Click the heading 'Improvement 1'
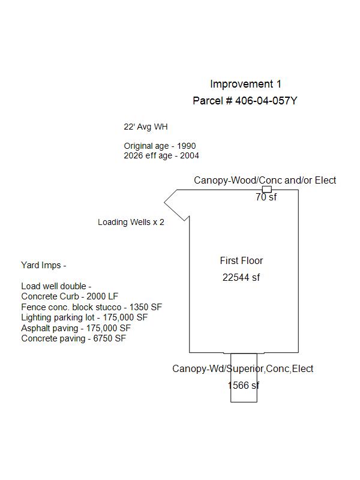click(x=245, y=84)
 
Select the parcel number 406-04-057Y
click(x=266, y=101)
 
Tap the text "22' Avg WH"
click(x=146, y=127)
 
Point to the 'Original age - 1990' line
click(x=160, y=146)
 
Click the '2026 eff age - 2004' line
click(x=161, y=155)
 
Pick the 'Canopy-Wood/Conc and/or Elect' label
click(x=265, y=180)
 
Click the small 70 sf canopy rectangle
click(x=267, y=190)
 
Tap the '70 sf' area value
click(x=266, y=197)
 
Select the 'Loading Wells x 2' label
click(x=131, y=222)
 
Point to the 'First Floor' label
click(x=241, y=260)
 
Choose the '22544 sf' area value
click(x=241, y=277)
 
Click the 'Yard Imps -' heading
click(x=43, y=265)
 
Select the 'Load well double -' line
click(x=56, y=286)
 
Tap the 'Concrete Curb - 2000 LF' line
click(x=70, y=296)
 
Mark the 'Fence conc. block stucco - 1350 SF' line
click(x=91, y=307)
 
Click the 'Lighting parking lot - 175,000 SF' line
click(x=84, y=317)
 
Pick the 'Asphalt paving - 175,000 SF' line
click(x=76, y=328)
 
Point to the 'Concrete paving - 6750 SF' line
click(x=73, y=338)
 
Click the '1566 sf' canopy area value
click(x=244, y=385)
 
